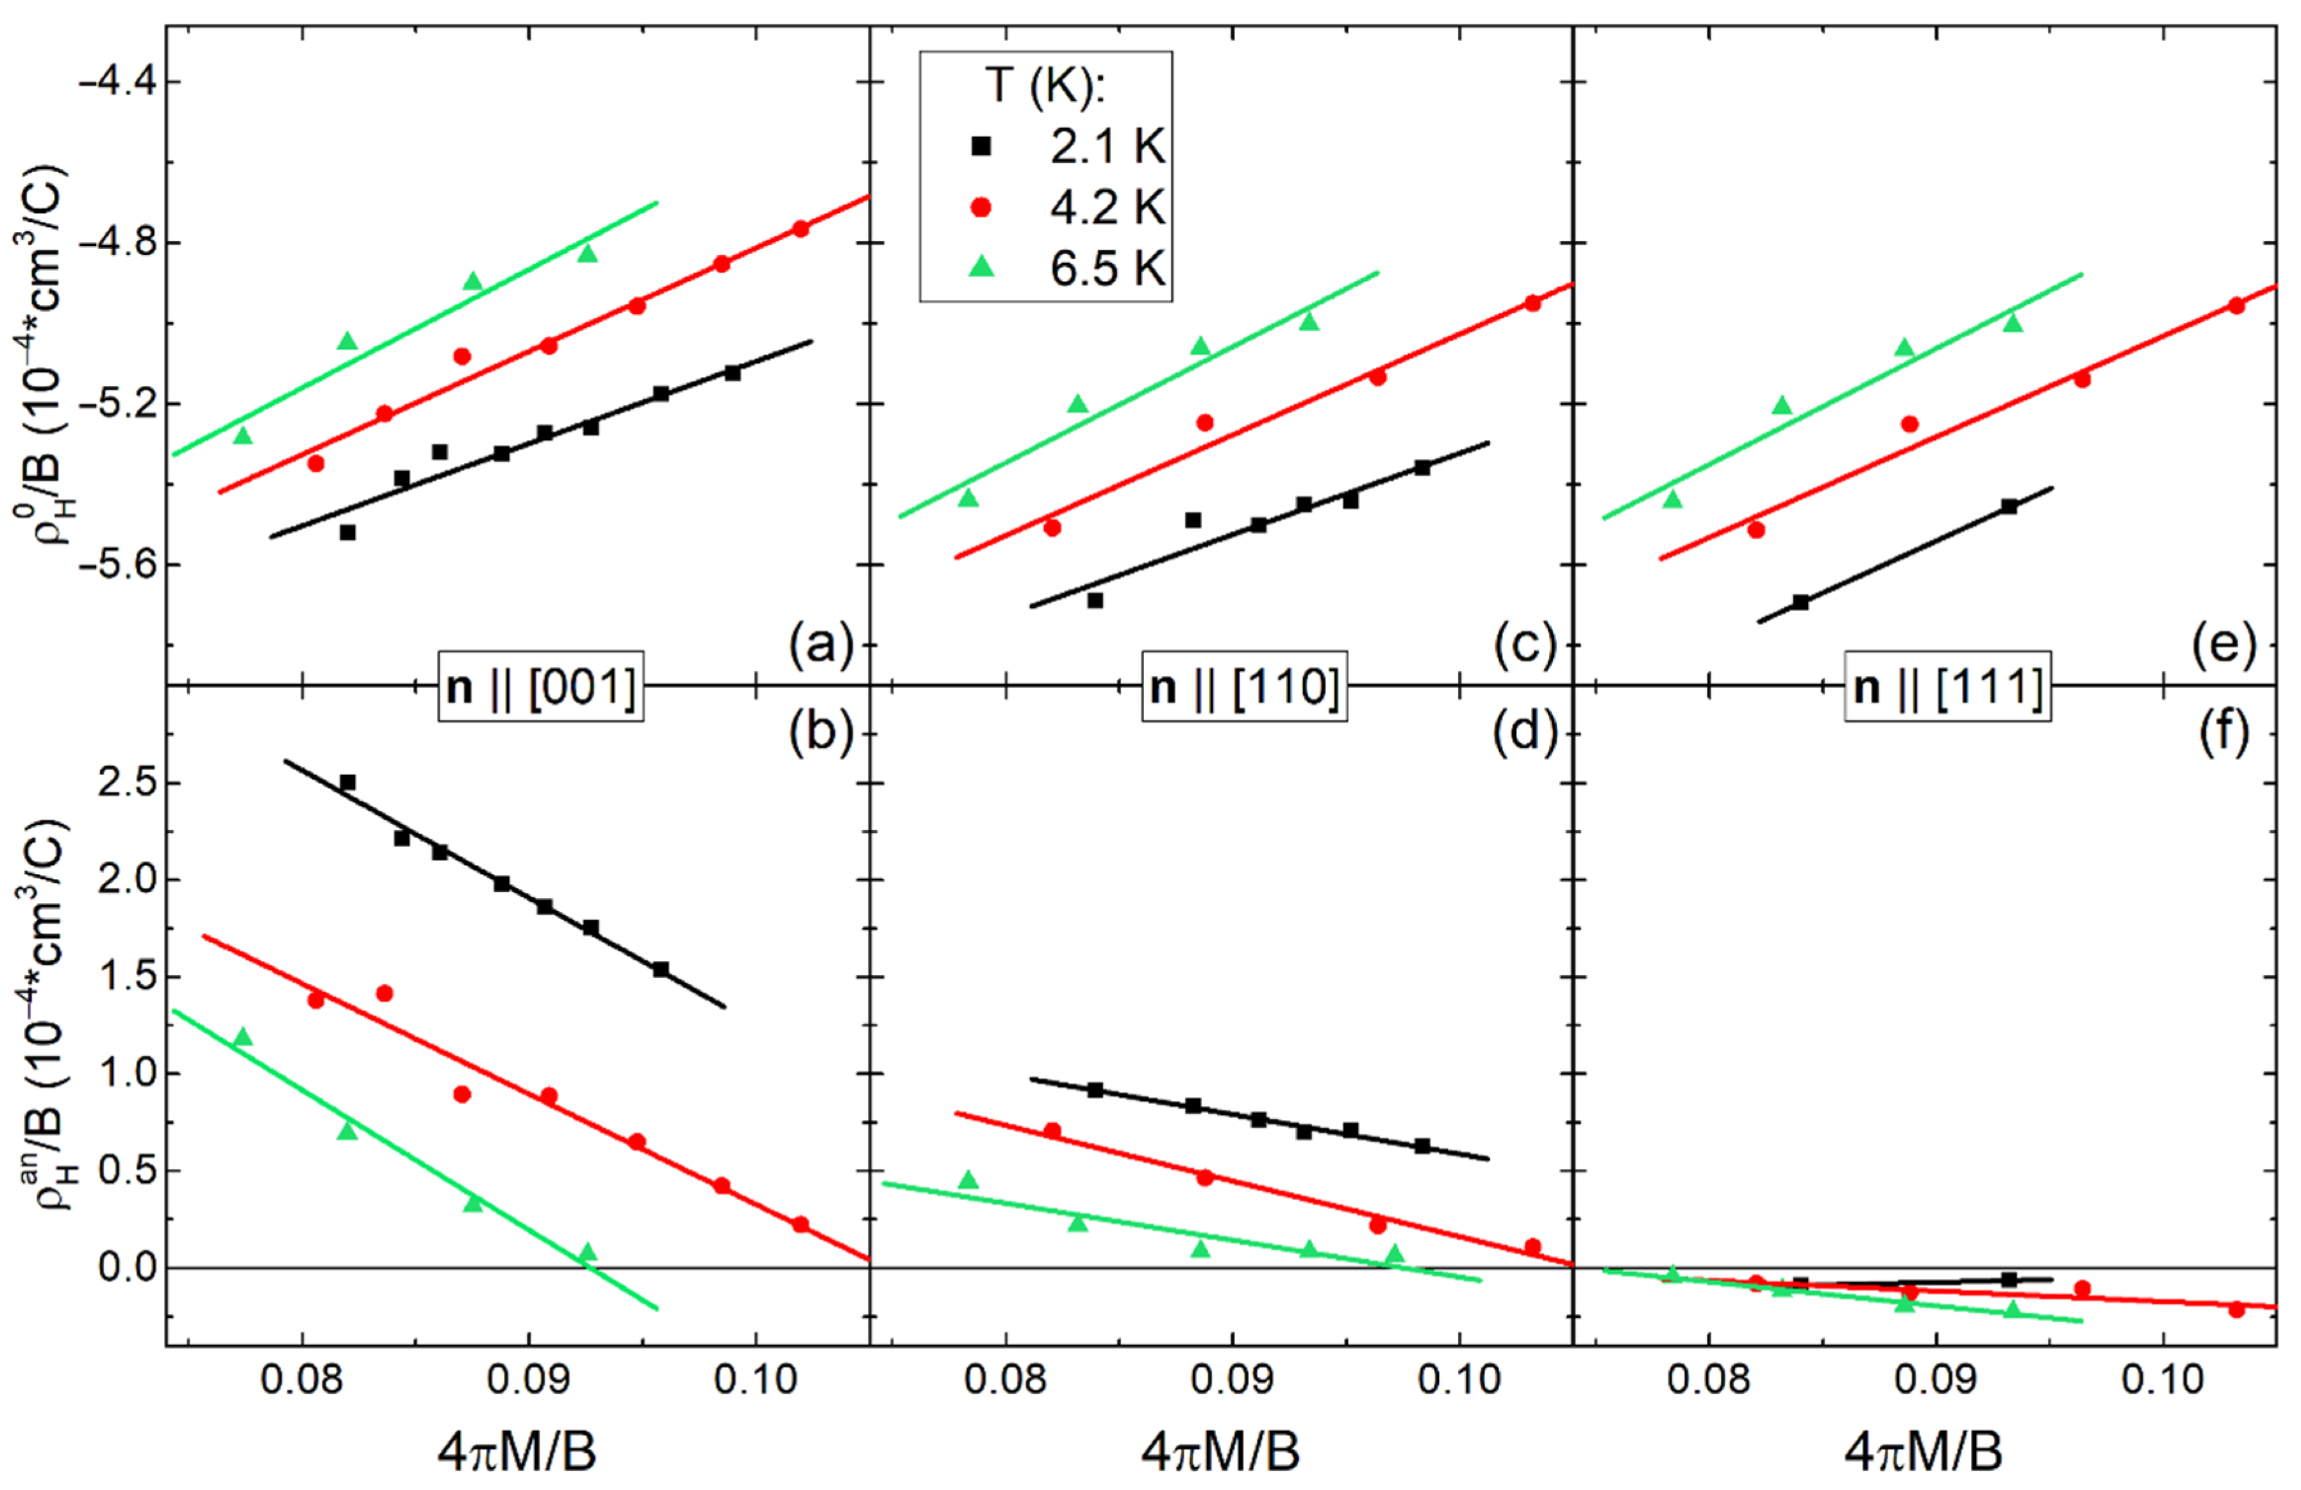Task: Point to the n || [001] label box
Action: coord(542,687)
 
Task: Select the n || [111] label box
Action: coord(1948,687)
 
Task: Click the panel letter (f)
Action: coord(2225,733)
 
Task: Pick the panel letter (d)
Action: coord(1524,733)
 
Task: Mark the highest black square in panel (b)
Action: coord(348,782)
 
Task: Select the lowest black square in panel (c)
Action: coord(1095,601)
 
